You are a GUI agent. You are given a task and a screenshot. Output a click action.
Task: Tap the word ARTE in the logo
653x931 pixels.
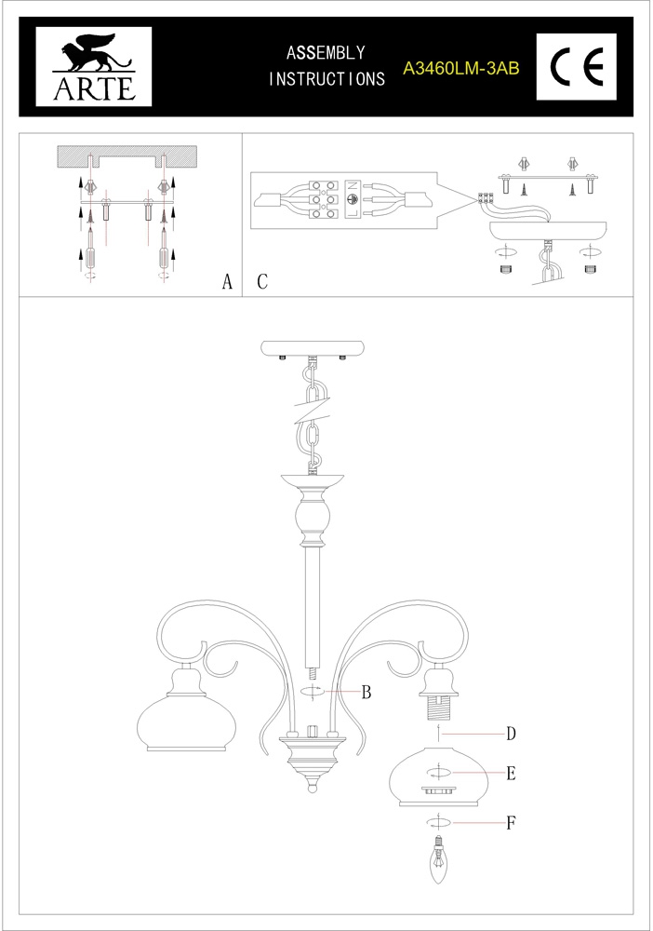tap(94, 88)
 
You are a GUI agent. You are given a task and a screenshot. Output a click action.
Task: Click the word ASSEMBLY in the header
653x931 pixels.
tap(326, 53)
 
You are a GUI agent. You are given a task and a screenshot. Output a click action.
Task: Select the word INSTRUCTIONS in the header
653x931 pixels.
tap(326, 78)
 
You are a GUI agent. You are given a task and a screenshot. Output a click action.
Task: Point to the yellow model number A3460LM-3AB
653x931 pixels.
tap(460, 69)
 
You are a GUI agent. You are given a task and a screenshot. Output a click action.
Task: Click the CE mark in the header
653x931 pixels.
tap(577, 66)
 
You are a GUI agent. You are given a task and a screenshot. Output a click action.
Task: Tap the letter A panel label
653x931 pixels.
tap(227, 281)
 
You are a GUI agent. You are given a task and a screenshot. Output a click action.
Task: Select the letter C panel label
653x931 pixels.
tap(262, 281)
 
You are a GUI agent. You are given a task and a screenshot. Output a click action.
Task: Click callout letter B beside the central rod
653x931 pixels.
tap(366, 693)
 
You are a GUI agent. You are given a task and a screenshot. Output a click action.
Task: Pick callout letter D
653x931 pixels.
tap(511, 735)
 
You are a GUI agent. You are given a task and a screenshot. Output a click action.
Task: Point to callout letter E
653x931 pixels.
tap(511, 774)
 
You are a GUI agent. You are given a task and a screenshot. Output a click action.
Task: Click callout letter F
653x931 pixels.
tap(511, 823)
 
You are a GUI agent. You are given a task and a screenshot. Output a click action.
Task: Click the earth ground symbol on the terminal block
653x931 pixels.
tap(352, 200)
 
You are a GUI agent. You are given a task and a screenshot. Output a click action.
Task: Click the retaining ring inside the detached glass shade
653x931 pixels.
tap(438, 790)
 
